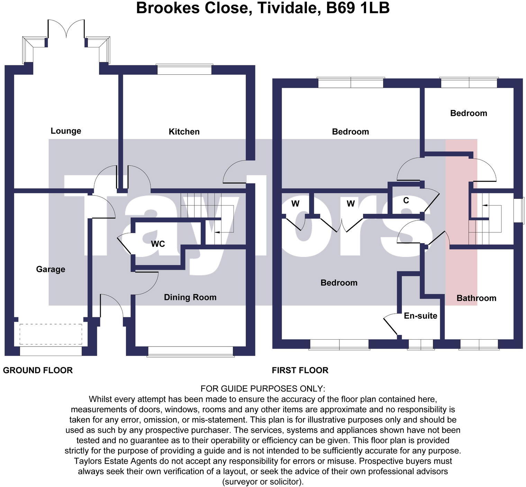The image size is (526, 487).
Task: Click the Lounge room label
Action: pyautogui.click(x=66, y=131)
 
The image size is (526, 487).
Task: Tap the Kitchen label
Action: pyautogui.click(x=184, y=131)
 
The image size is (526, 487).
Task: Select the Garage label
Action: pyautogui.click(x=51, y=269)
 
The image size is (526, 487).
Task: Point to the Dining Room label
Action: pyautogui.click(x=190, y=297)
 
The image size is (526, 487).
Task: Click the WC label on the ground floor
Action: pyautogui.click(x=158, y=244)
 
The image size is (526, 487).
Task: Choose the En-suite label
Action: pyautogui.click(x=420, y=316)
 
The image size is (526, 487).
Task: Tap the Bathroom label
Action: pyautogui.click(x=476, y=298)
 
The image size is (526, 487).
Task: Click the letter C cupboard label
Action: pyautogui.click(x=406, y=200)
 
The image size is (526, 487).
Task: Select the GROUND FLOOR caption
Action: pyautogui.click(x=38, y=370)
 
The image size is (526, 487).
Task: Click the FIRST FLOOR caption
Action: pyautogui.click(x=300, y=370)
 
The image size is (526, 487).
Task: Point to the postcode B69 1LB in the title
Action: pyautogui.click(x=358, y=8)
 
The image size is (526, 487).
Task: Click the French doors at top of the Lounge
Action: pyautogui.click(x=66, y=29)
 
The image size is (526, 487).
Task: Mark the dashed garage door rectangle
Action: pyautogui.click(x=51, y=334)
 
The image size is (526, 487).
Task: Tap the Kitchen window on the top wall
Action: pyautogui.click(x=184, y=70)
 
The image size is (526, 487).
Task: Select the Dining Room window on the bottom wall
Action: pyautogui.click(x=190, y=351)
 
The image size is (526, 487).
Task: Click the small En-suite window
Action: pyautogui.click(x=420, y=344)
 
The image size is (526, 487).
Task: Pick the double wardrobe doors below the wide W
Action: pyautogui.click(x=342, y=225)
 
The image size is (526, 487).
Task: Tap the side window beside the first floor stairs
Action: pyautogui.click(x=518, y=211)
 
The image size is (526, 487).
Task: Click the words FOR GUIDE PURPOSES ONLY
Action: pyautogui.click(x=263, y=389)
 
